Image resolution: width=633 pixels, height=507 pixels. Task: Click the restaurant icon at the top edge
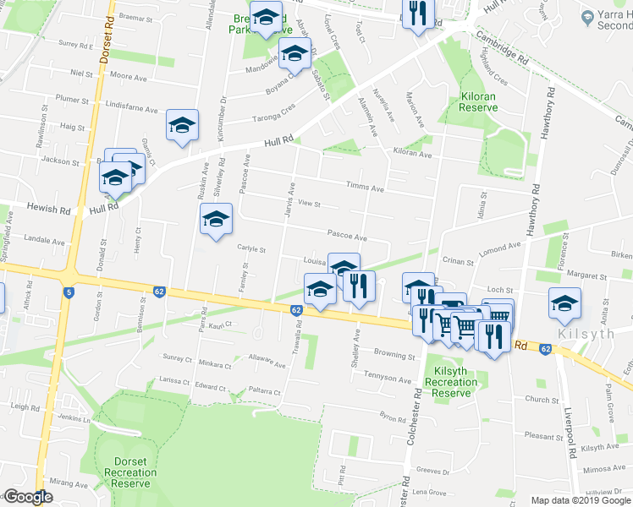[x=417, y=14]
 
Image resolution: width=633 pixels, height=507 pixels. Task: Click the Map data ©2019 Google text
[x=581, y=500]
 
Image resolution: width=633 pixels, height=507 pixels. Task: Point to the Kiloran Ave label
[x=412, y=155]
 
